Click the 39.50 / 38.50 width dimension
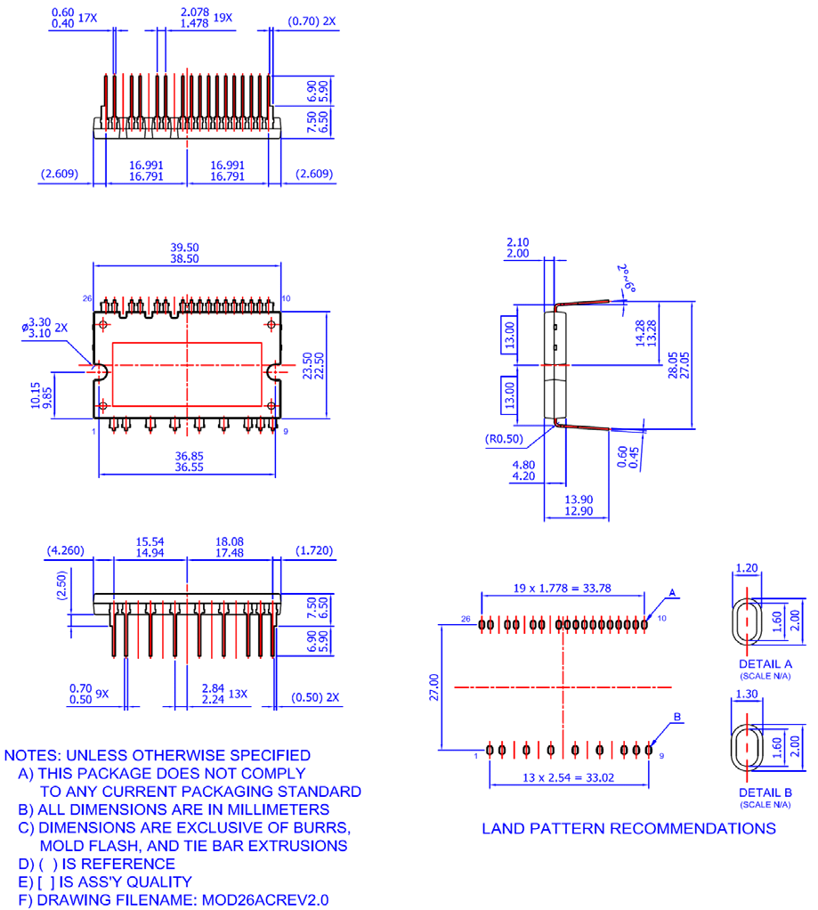click(187, 252)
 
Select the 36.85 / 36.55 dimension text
click(187, 459)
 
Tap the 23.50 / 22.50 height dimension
click(308, 364)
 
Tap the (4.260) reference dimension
click(65, 550)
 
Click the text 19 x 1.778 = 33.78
click(563, 587)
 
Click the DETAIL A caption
click(768, 664)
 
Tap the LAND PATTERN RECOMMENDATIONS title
click(628, 828)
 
